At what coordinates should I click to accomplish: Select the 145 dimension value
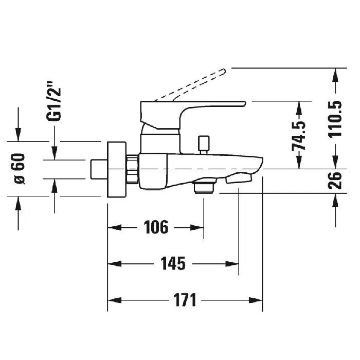coord(173,263)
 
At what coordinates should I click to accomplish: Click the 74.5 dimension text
coord(299,135)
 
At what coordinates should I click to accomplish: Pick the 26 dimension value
coord(335,181)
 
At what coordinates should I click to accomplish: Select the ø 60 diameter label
coord(19,168)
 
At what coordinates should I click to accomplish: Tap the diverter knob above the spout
coord(204,143)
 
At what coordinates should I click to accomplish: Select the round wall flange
coord(116,168)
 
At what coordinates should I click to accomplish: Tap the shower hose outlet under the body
coord(204,187)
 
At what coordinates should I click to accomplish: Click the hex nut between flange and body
coord(133,168)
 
